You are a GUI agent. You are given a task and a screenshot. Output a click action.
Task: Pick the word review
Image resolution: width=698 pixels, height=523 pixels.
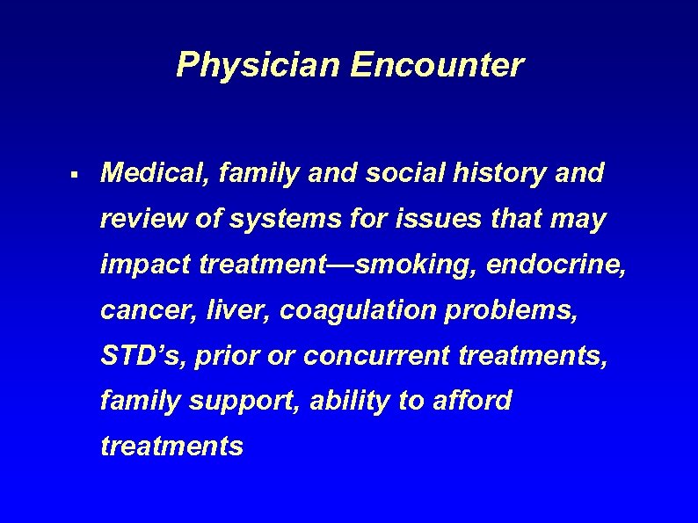pyautogui.click(x=142, y=220)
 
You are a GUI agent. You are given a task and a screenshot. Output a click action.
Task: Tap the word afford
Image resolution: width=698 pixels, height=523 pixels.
pyautogui.click(x=473, y=401)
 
